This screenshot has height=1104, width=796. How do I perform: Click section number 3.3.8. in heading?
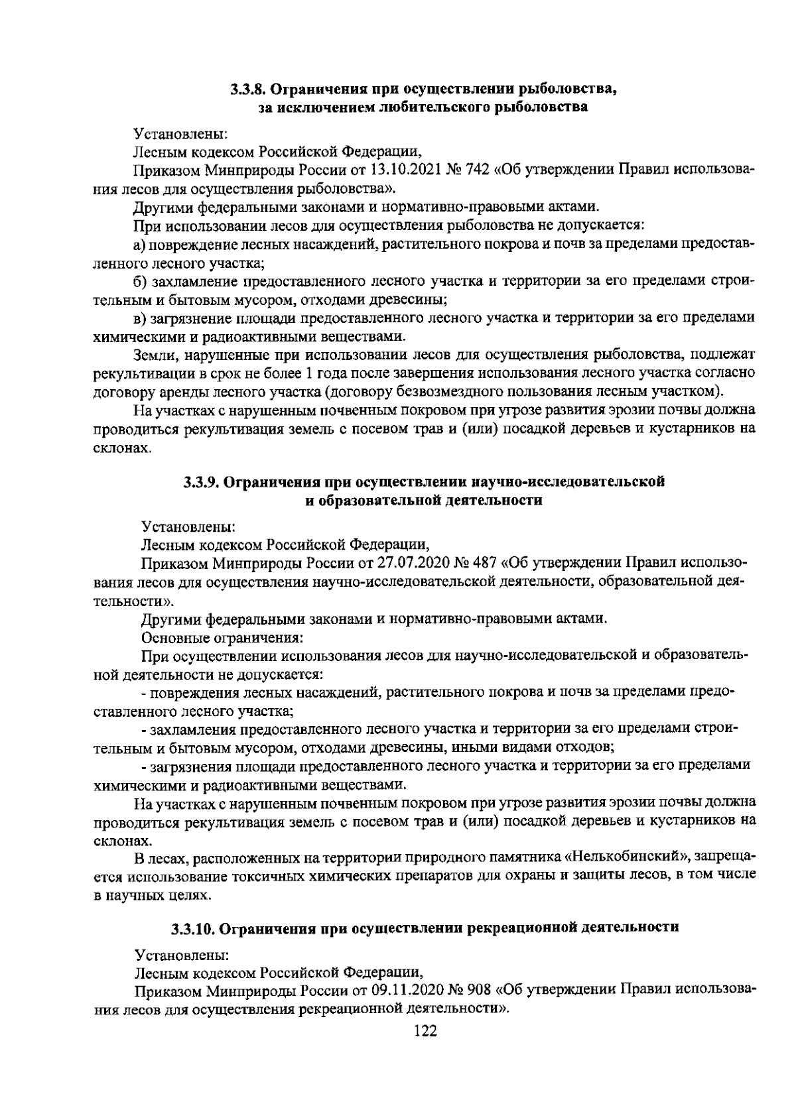[x=249, y=90]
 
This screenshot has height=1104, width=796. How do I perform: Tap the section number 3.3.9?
[x=202, y=482]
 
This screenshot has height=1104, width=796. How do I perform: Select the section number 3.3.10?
[x=193, y=928]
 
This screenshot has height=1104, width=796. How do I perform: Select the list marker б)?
[x=139, y=282]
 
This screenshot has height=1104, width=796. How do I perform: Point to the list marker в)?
[x=139, y=318]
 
